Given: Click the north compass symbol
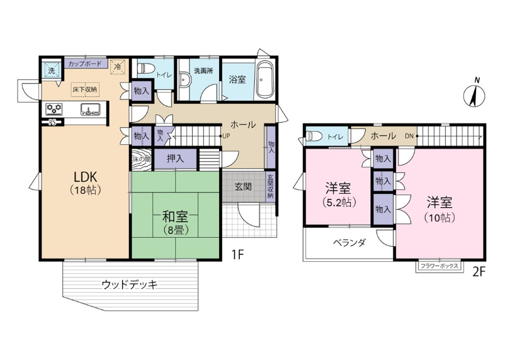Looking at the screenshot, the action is tap(474, 94).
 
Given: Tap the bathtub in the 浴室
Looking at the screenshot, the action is tap(264, 79).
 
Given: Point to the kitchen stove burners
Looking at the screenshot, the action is tap(54, 109).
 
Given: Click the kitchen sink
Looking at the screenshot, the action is tap(91, 109).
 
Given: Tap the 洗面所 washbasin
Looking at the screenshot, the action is tap(184, 80).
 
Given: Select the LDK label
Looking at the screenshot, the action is tap(86, 177).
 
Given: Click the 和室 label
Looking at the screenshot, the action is tap(176, 216).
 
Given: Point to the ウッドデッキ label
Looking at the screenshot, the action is tap(130, 284).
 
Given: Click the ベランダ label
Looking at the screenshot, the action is tap(349, 242).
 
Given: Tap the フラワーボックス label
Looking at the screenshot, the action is tap(439, 266).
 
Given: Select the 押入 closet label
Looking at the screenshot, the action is tap(176, 159).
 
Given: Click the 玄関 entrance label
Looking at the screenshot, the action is tap(243, 187).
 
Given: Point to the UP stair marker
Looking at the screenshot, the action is tap(226, 137).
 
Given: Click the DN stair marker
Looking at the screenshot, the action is tap(409, 137).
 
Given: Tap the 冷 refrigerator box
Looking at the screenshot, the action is tap(117, 67).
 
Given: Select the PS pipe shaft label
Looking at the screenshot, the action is tap(52, 123).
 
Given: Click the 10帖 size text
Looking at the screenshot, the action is tap(439, 217).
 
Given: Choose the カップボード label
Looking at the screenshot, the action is tap(85, 64).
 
